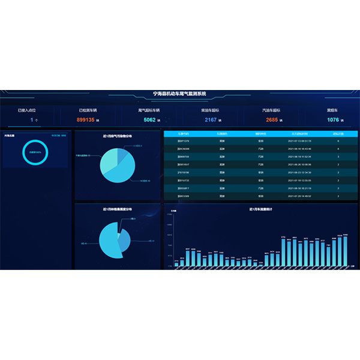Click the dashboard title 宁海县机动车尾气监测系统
(180, 94)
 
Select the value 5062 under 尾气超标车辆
(149, 120)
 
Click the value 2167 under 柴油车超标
(211, 120)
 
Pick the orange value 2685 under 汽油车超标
(272, 120)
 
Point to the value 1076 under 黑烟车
(333, 120)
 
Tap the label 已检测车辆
(88, 110)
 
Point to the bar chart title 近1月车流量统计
(261, 210)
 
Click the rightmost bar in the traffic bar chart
(345, 250)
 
